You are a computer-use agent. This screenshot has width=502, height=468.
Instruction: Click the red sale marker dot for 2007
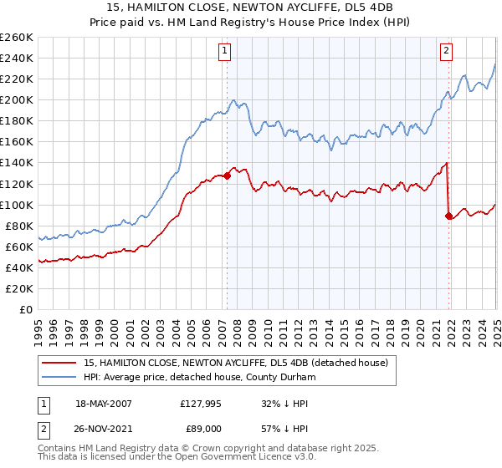point(227,175)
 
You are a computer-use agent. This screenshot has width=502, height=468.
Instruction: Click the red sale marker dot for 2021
point(449,216)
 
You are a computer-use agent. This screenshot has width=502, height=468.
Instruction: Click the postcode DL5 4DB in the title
point(366,8)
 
